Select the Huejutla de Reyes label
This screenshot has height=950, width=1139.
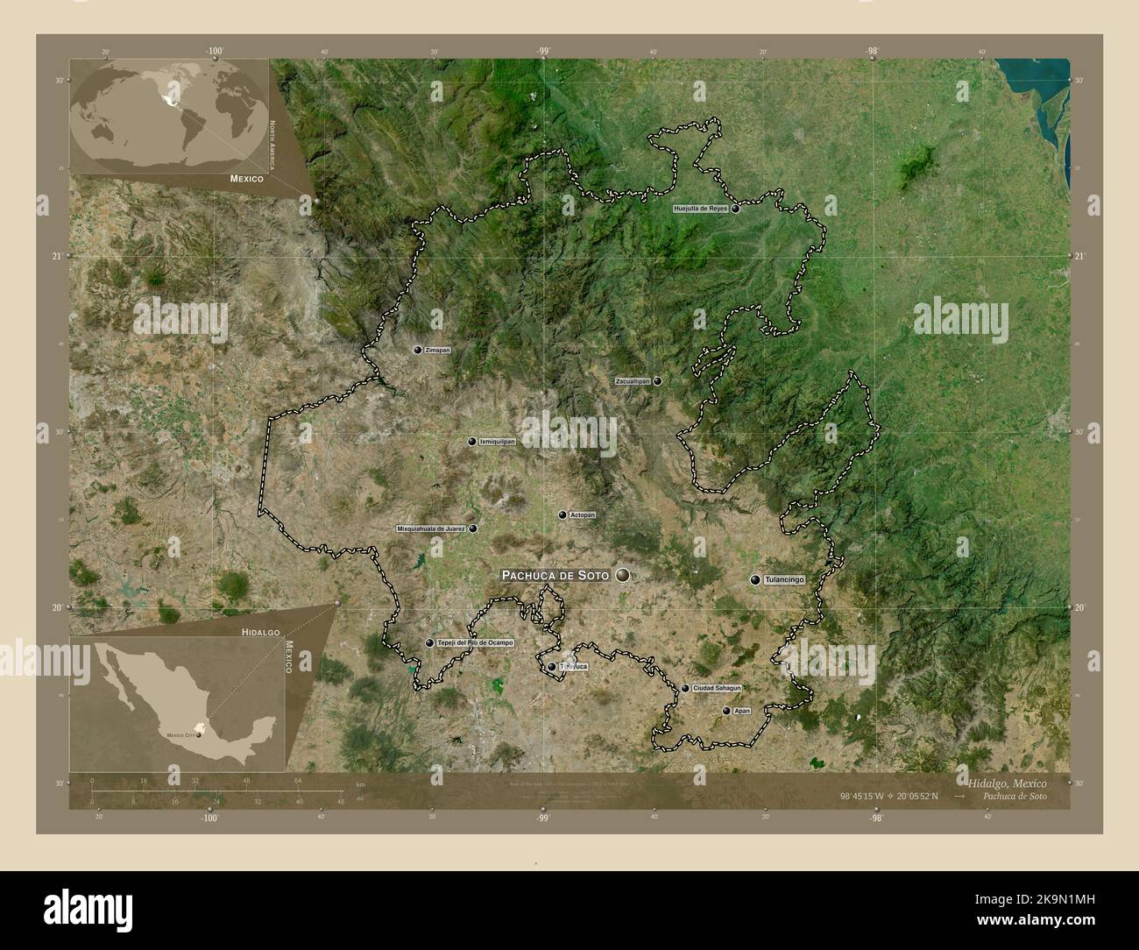pos(701,209)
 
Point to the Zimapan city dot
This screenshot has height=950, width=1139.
pos(418,350)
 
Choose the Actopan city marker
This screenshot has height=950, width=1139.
pos(562,515)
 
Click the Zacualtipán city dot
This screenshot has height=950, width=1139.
pos(657,381)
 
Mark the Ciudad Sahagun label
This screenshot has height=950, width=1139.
pos(718,689)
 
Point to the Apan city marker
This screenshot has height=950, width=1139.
pos(726,711)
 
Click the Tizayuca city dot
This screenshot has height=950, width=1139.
pos(552,667)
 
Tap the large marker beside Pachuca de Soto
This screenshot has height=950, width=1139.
pos(623,575)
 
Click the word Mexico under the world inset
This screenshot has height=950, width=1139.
pos(247,178)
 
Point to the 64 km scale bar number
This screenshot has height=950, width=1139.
pos(298,780)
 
